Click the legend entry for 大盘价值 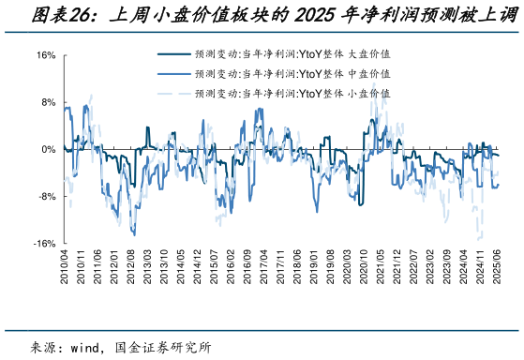pyautogui.click(x=292, y=54)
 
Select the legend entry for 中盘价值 pyautogui.click(x=292, y=73)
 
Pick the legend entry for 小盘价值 pyautogui.click(x=292, y=93)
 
